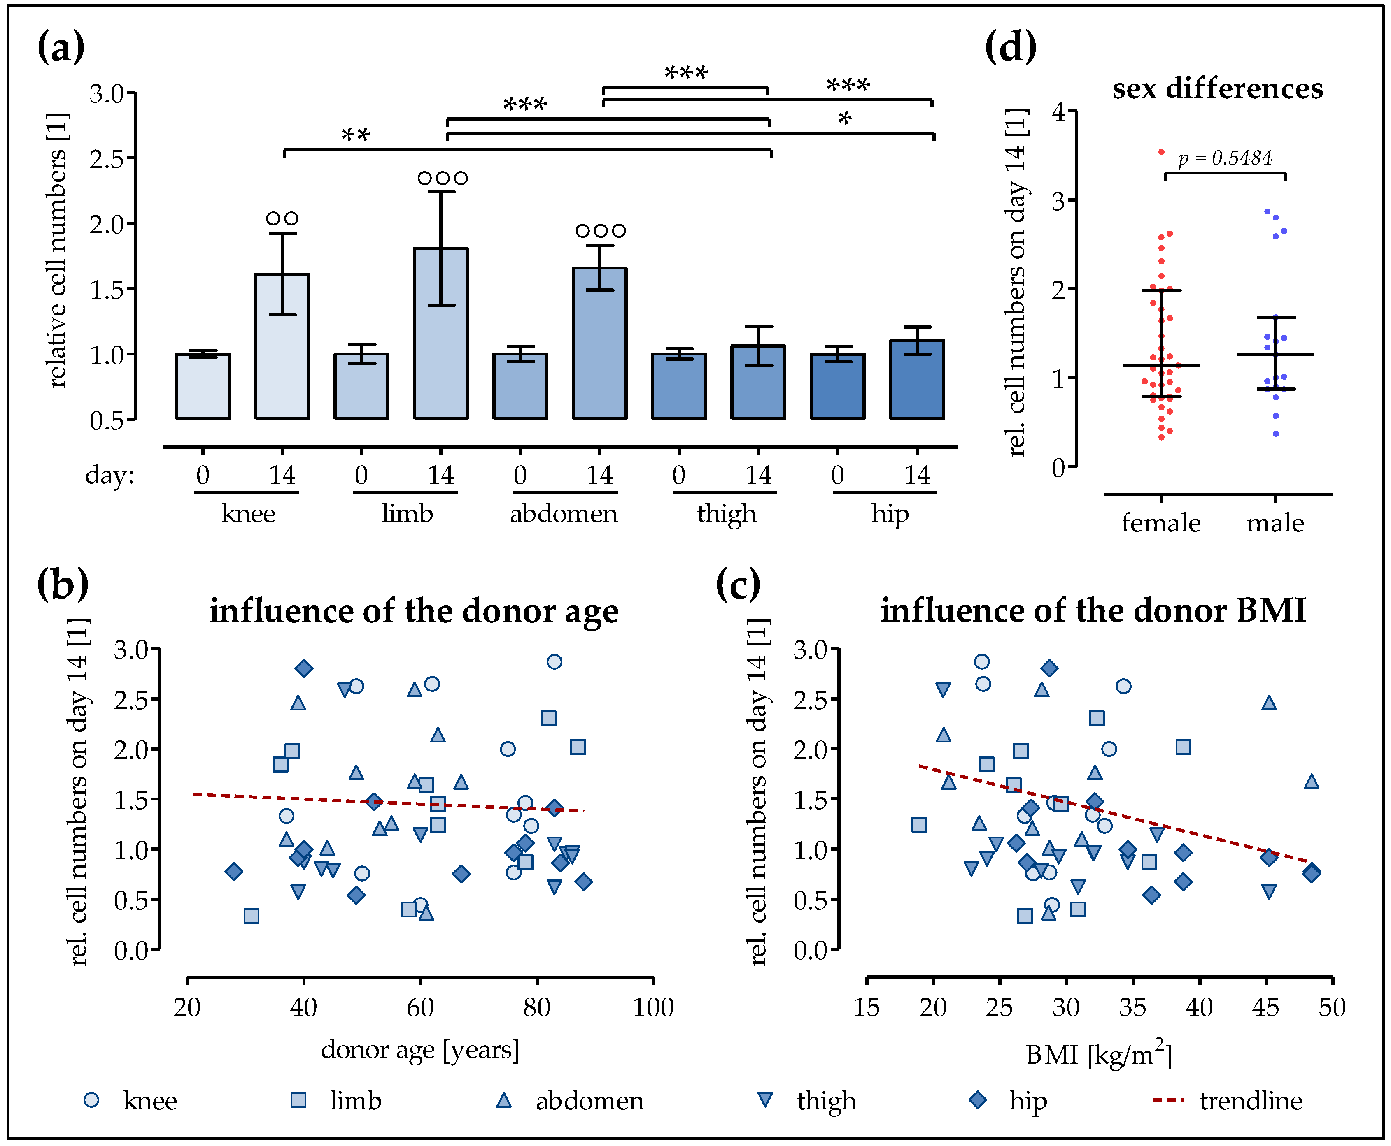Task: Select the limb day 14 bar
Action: tap(440, 333)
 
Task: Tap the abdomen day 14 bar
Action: tap(600, 343)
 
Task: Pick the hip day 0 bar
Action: tap(837, 386)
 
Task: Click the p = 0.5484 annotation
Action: tap(1225, 158)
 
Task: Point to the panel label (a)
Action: tap(61, 48)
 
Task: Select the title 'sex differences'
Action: tap(1217, 88)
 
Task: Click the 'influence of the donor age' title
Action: tap(413, 610)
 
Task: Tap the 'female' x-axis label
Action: tap(1160, 523)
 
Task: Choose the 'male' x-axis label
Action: tap(1275, 523)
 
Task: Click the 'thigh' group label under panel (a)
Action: tap(727, 514)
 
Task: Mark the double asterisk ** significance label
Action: tap(355, 136)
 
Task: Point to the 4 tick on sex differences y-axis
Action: tap(1059, 112)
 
